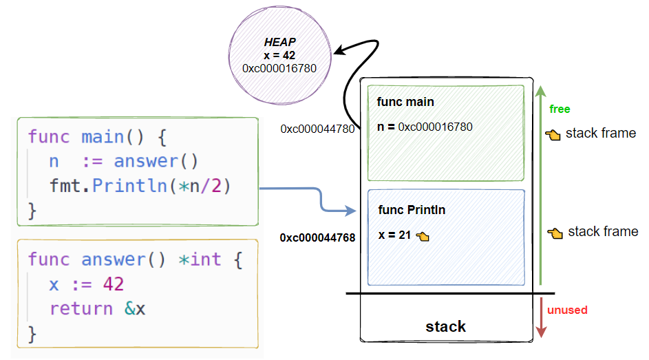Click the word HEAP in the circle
point(279,43)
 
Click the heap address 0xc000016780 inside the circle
point(279,68)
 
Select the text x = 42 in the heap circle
point(279,55)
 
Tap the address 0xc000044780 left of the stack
point(317,129)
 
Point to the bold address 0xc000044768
point(317,237)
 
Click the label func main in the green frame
point(405,102)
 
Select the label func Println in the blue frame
point(412,209)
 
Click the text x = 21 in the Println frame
point(394,235)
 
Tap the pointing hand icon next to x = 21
point(423,236)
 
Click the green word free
point(560,109)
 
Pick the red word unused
point(567,310)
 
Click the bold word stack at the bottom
point(445,326)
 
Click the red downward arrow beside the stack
point(541,318)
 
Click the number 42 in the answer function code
point(114,284)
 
